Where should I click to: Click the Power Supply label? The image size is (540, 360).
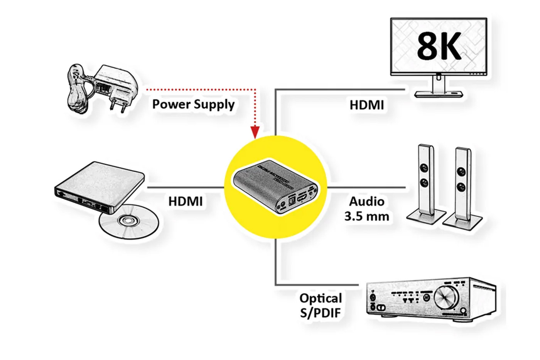[x=193, y=104]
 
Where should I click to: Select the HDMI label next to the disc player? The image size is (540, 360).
[x=185, y=201]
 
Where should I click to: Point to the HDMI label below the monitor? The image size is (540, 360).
[x=366, y=105]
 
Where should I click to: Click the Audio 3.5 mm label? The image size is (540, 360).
[x=366, y=209]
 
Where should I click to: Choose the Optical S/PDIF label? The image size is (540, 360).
[x=321, y=305]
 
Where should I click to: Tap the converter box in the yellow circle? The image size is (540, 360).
[x=275, y=188]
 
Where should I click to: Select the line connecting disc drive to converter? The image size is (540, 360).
[x=185, y=188]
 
